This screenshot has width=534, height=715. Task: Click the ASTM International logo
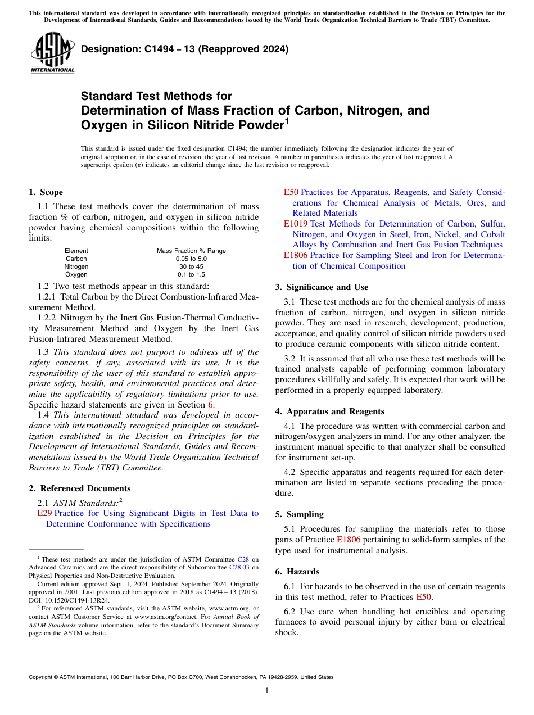[x=52, y=52]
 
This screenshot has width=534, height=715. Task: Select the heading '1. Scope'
[x=46, y=192]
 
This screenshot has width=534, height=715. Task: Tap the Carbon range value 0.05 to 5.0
[x=191, y=259]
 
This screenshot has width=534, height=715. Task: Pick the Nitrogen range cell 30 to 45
[x=191, y=266]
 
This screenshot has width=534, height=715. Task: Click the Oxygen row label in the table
[x=76, y=274]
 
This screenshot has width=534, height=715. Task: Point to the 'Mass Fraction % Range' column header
[x=191, y=251]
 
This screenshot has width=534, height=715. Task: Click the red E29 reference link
[x=44, y=513]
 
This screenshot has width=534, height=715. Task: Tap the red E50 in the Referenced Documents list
[x=291, y=192]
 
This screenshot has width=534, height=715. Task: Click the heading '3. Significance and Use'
[x=322, y=287]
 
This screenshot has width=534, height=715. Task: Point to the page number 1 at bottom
[x=267, y=691]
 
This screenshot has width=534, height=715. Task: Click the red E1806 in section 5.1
[x=349, y=540]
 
